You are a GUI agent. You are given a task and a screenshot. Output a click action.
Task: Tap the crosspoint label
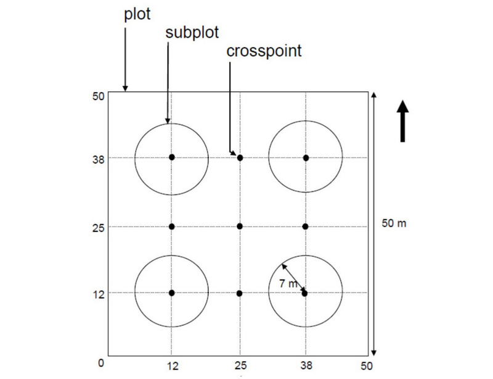(x=264, y=51)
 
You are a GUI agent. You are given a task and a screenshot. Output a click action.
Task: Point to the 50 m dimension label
(x=394, y=223)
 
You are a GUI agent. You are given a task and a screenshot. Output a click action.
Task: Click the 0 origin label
(x=100, y=364)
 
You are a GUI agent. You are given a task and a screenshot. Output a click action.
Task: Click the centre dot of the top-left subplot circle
(x=172, y=157)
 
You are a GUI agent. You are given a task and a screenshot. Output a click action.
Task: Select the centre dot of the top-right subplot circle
(x=306, y=157)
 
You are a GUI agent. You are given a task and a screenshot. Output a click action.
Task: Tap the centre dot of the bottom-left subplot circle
(x=172, y=293)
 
